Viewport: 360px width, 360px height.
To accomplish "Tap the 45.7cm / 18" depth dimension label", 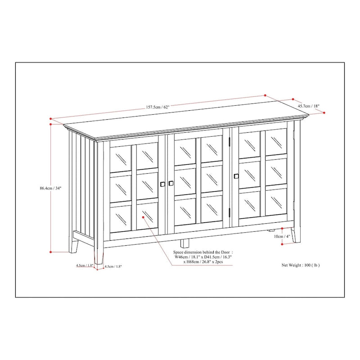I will click(308, 106).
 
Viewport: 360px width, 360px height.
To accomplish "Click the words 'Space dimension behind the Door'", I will click(203, 253).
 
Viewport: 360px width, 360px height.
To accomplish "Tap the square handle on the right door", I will click(236, 175).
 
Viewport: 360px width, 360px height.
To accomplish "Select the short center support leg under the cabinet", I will click(184, 243).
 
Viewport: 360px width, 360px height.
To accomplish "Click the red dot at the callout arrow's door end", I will click(143, 216).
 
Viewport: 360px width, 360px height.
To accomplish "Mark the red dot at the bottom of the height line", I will click(51, 252).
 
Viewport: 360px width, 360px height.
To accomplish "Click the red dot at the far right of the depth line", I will click(324, 113).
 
